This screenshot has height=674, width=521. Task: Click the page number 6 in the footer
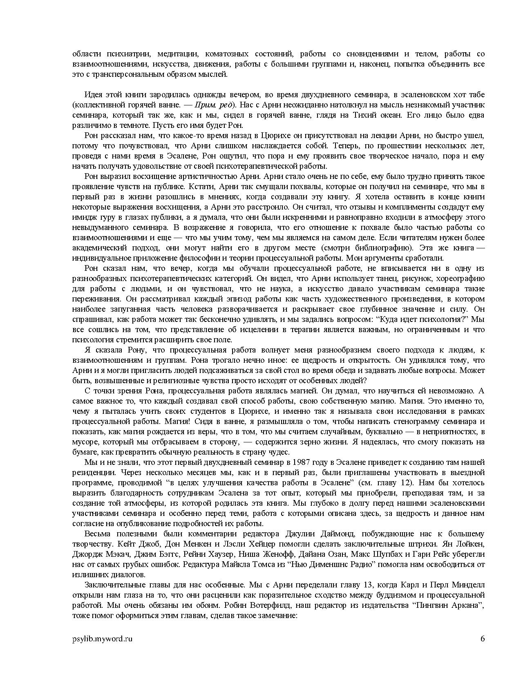coord(483,639)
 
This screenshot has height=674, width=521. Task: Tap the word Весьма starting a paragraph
coord(96,534)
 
